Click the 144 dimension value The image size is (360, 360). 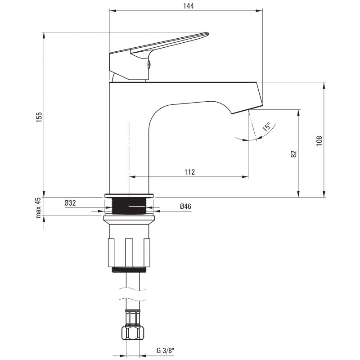coord(188,6)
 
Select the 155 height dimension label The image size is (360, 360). coord(39,117)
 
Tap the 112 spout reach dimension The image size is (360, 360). coord(189,172)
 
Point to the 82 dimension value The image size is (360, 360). coord(294,154)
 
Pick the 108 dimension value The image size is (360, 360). coord(319,141)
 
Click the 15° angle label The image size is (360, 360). coord(266,126)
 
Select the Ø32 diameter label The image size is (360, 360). coord(70,203)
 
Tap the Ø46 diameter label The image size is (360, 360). coord(185,207)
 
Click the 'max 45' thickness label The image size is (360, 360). coord(38,208)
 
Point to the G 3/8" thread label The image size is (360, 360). coord(166,351)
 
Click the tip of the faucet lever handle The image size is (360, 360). coord(207,34)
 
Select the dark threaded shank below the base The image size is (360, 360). coord(129,207)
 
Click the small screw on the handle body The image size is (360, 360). coord(149,64)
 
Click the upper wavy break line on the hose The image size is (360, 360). coord(133,289)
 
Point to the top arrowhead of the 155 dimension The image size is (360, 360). coord(44,35)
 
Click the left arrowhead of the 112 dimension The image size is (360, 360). coord(132,177)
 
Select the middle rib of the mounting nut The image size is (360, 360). coord(129,253)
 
